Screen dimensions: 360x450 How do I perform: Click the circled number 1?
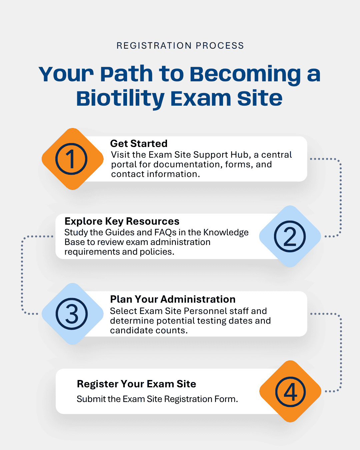(71, 159)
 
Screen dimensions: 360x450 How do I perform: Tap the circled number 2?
(290, 236)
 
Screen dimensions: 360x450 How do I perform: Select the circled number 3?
(72, 314)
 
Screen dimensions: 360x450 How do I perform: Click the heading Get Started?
(139, 144)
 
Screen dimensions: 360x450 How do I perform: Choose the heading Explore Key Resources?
(122, 221)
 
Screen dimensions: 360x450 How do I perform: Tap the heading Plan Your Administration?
(173, 299)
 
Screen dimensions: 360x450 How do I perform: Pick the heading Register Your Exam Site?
(136, 384)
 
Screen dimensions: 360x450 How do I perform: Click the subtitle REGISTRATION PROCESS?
(180, 46)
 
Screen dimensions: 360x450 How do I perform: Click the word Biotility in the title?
(120, 99)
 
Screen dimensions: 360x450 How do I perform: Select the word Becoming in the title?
(245, 75)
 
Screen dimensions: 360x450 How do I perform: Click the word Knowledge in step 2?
(226, 233)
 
